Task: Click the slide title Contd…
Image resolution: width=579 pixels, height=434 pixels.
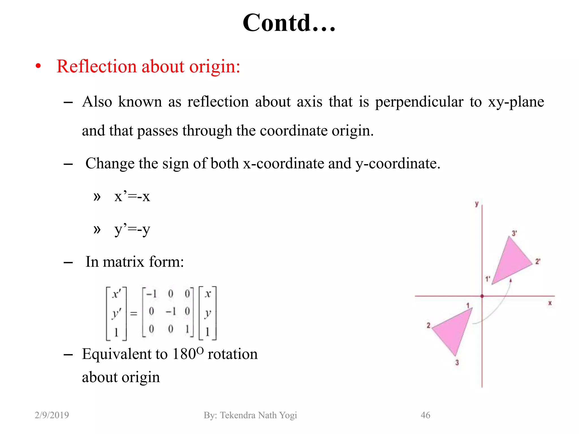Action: coord(289,23)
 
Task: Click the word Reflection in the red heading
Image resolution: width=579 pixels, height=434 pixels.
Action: coord(96,67)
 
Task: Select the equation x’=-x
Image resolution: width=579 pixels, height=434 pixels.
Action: coord(132,196)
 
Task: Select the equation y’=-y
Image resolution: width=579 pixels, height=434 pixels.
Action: coord(132,229)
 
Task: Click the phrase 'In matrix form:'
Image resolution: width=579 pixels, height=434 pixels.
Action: coord(135,262)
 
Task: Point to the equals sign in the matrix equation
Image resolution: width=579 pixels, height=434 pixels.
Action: coord(134,314)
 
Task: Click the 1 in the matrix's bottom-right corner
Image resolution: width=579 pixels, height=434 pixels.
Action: coord(187,329)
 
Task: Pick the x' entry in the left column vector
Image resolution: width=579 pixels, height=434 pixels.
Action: coord(116,294)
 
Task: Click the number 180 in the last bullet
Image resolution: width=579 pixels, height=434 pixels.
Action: coord(184,354)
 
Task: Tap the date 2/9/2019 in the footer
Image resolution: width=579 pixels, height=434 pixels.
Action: coord(52,415)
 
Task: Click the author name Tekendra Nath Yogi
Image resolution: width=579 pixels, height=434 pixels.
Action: coord(258,415)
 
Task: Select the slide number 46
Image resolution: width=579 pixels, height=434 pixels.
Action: coord(425,415)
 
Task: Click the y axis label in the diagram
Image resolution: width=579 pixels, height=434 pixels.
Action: coord(477,204)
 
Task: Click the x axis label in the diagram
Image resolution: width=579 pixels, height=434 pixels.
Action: coord(550,303)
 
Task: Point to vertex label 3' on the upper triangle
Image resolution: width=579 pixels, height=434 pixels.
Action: coord(514,233)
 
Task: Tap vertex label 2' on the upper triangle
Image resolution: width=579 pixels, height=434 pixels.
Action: coord(537,262)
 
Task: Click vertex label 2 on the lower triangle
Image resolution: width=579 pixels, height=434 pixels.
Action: coord(428,325)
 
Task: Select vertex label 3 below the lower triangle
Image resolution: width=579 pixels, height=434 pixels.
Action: coord(457,363)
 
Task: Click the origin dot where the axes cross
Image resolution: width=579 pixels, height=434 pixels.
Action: coord(482,296)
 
